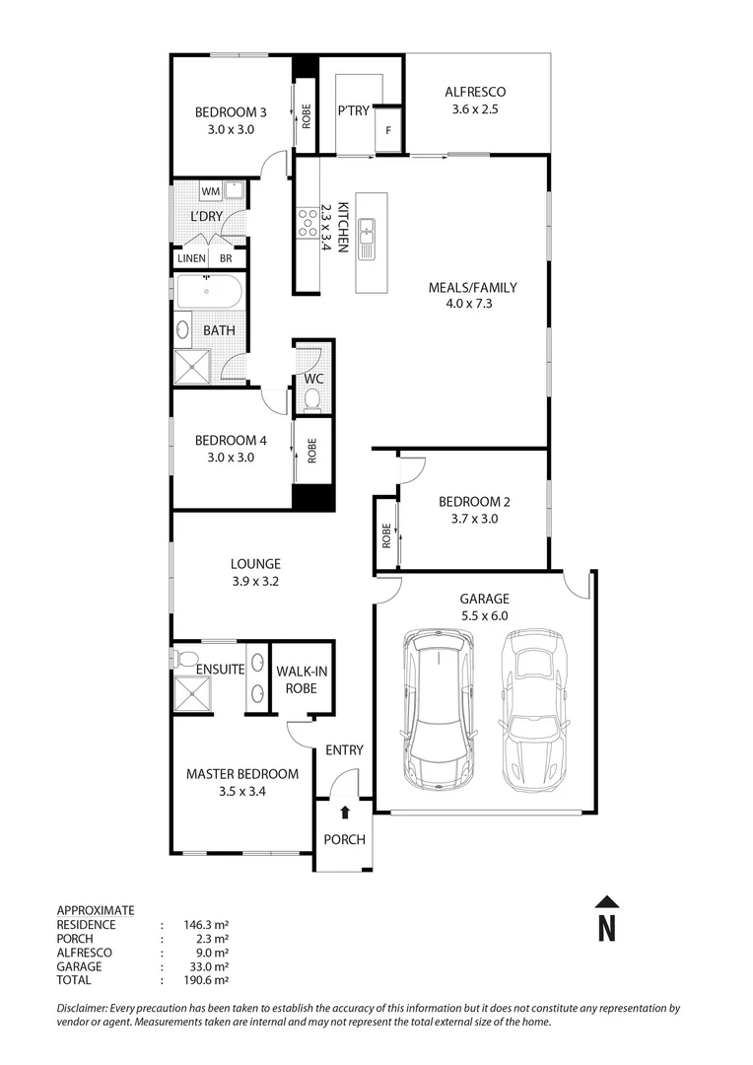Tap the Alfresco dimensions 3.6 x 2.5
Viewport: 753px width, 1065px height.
tap(475, 109)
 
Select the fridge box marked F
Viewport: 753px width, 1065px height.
tap(388, 130)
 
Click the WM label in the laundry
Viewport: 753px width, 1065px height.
tap(210, 190)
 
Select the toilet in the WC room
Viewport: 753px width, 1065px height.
tap(313, 398)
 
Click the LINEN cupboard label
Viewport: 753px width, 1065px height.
tap(191, 258)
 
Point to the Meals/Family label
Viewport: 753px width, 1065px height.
tap(472, 288)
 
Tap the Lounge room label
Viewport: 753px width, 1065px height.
tap(255, 564)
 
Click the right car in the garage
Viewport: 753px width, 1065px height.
tap(535, 706)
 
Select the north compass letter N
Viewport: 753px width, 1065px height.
tap(607, 928)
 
